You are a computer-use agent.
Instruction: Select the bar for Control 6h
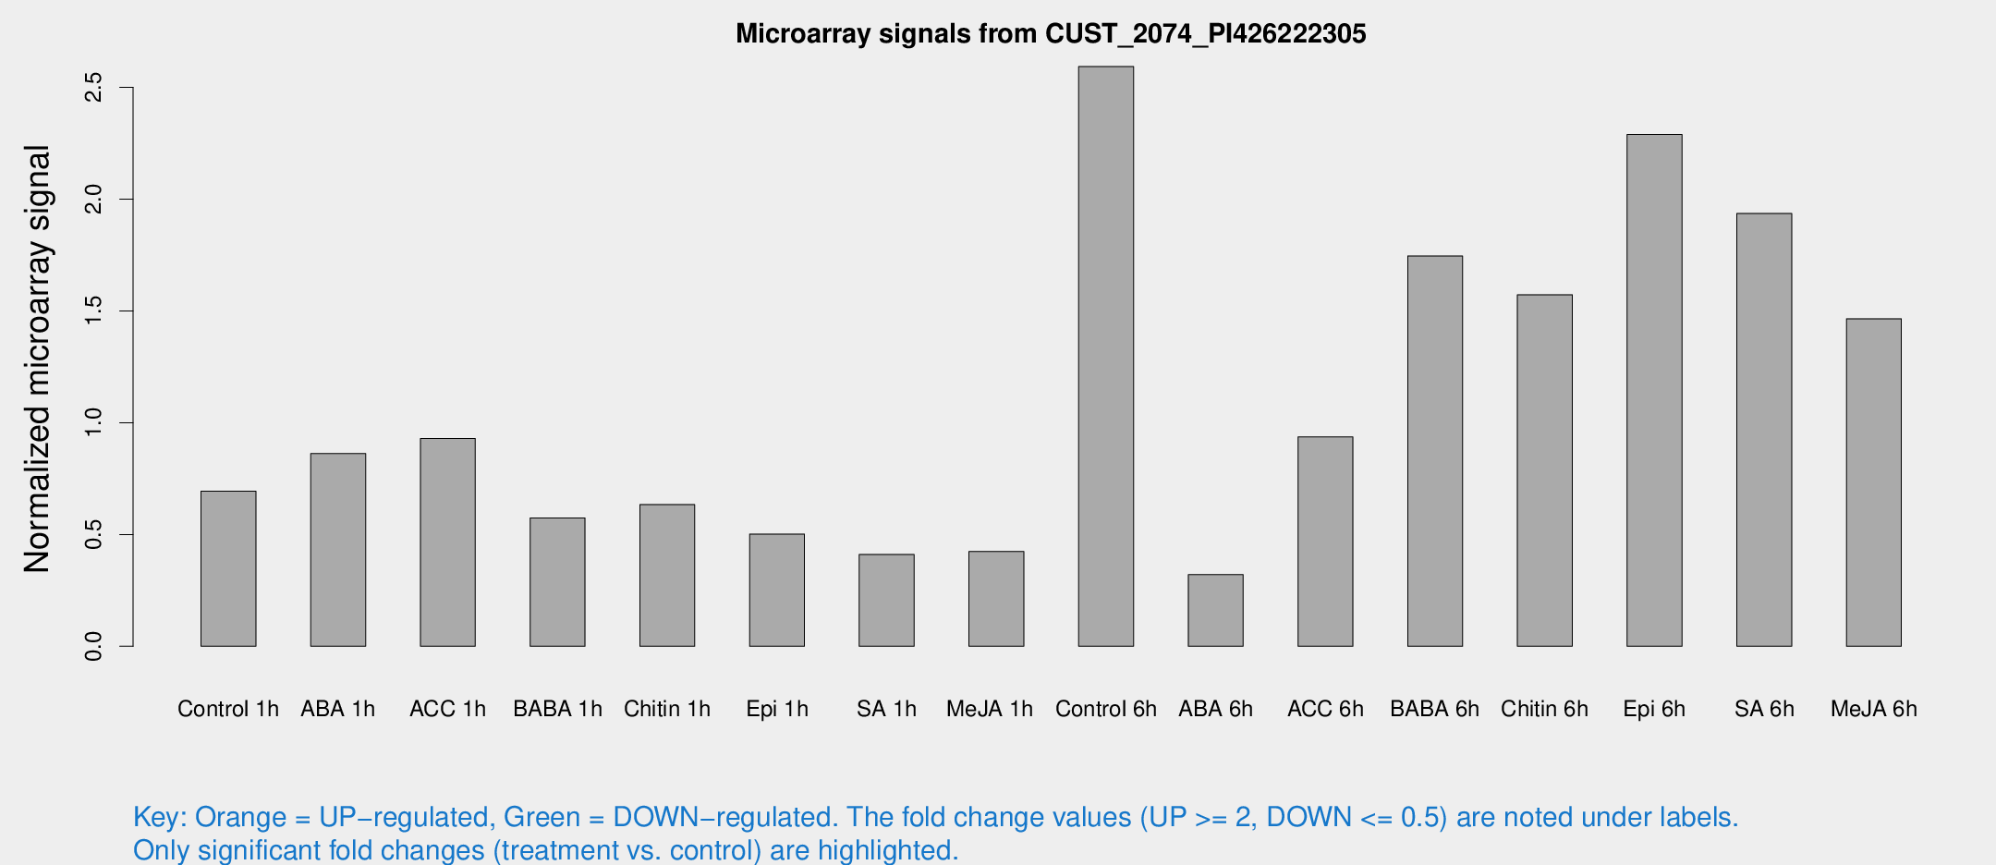pyautogui.click(x=1105, y=356)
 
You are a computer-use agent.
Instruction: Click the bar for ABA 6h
pyautogui.click(x=1215, y=610)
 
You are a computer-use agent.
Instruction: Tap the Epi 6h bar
pyautogui.click(x=1654, y=390)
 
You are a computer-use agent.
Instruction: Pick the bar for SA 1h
pyautogui.click(x=886, y=600)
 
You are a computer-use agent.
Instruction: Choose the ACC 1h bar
pyautogui.click(x=447, y=542)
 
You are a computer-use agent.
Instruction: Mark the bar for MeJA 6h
pyautogui.click(x=1873, y=482)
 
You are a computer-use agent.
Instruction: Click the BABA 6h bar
pyautogui.click(x=1434, y=451)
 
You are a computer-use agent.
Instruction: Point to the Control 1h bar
pyautogui.click(x=228, y=568)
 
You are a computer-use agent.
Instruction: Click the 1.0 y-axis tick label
pyautogui.click(x=93, y=423)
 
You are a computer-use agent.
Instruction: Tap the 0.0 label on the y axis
pyautogui.click(x=93, y=647)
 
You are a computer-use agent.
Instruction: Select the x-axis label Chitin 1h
pyautogui.click(x=667, y=709)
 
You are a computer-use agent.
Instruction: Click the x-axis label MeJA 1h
pyautogui.click(x=990, y=709)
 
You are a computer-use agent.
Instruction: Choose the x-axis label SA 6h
pyautogui.click(x=1764, y=709)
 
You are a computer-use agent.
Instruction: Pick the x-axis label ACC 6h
pyautogui.click(x=1325, y=709)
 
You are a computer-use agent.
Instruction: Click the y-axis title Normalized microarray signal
pyautogui.click(x=37, y=359)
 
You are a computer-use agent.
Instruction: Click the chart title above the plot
pyautogui.click(x=1051, y=34)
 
